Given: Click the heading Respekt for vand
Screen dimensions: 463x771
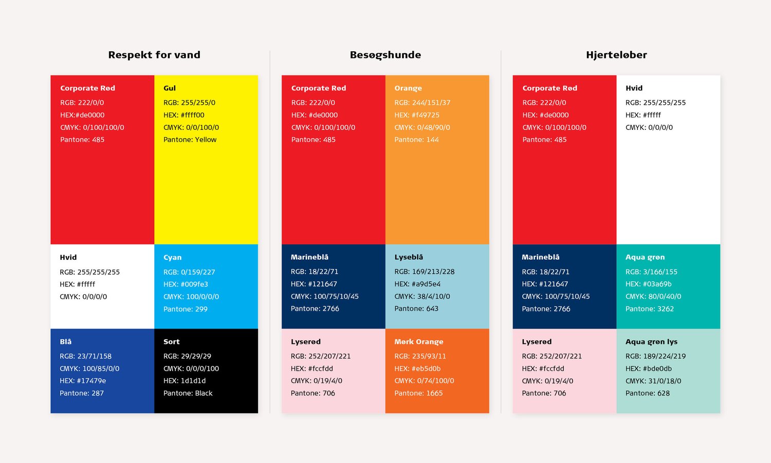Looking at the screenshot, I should pos(154,55).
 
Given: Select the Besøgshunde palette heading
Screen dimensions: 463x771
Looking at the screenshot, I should pos(385,55).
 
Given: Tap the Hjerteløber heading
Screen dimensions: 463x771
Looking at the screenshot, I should pos(616,55).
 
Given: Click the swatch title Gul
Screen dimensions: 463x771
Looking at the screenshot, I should pos(170,88).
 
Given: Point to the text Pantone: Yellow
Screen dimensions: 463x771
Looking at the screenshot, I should pos(190,140).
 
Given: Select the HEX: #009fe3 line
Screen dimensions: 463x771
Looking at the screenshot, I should pos(186,284).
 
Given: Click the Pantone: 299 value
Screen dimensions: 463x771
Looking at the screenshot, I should pos(185,309).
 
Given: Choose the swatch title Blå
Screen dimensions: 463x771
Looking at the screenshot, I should pos(66,342).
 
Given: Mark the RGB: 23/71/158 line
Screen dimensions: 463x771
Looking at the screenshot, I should pos(85,356).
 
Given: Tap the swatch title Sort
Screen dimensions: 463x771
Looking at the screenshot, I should pos(171,342).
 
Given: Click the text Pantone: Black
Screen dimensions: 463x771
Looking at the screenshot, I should pos(188,393).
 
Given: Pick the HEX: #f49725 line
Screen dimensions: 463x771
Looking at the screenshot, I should pos(417,115).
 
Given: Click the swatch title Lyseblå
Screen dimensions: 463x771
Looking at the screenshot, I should pos(409,257).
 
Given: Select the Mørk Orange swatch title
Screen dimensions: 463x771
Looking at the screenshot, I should pos(418,342).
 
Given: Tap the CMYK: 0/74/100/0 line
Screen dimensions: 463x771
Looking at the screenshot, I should pos(424,381).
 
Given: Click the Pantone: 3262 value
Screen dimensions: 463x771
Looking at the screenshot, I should pos(649,309).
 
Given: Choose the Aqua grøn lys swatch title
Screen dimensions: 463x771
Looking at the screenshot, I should pos(651,342).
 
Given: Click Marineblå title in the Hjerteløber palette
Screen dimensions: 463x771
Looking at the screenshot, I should pos(540,257).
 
